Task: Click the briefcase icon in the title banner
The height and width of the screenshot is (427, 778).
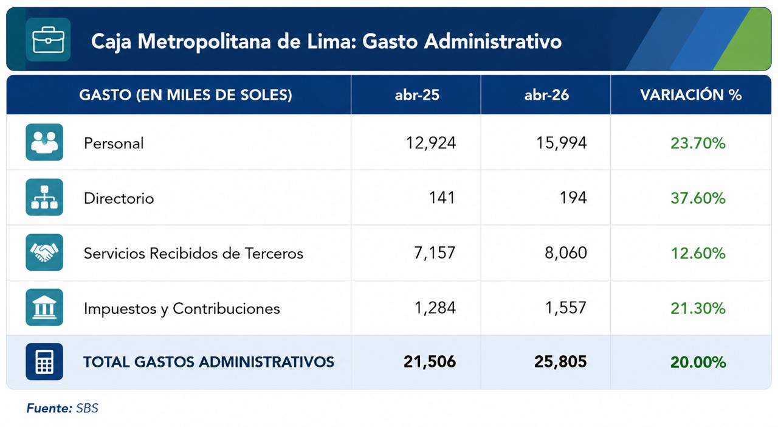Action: point(48,40)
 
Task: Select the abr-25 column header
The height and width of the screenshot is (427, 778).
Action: point(417,95)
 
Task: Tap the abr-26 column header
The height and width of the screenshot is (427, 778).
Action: point(546,95)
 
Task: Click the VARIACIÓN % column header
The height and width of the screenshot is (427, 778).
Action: point(691,95)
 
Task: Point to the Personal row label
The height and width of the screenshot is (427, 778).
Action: point(114,144)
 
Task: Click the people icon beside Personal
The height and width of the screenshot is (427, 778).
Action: point(44,142)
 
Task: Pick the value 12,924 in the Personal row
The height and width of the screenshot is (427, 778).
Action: point(431,143)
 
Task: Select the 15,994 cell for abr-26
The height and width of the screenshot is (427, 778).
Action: point(561,143)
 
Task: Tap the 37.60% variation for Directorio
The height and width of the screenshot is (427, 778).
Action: point(698,198)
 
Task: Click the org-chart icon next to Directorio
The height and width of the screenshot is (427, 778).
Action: point(44,197)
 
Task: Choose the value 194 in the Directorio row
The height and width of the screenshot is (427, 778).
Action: point(573,198)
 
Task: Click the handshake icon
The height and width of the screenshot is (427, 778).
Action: point(44,252)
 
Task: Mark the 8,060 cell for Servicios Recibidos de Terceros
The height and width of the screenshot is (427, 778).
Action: point(566,253)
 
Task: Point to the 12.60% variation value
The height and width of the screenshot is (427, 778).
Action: point(698,253)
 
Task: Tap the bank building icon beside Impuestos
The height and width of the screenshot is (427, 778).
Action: point(44,307)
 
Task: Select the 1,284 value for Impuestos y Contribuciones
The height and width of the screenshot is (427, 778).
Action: point(435,308)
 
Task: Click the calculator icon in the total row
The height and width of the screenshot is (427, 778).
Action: point(44,362)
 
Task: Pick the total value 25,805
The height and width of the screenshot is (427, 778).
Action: point(560,362)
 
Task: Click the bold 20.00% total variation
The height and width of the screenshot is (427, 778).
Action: point(698,363)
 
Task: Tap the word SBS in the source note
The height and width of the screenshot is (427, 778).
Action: point(87,408)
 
